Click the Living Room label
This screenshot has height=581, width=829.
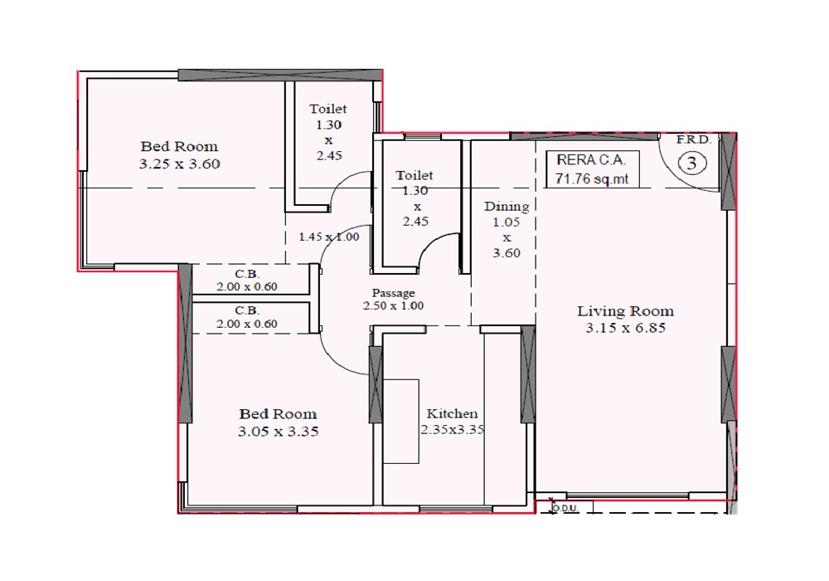pos(625,310)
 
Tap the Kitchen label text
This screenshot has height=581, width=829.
pos(452,413)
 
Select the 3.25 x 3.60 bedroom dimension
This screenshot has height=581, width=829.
pos(179,164)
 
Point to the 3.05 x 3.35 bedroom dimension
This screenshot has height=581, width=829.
pos(278,432)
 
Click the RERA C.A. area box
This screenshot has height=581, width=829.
pos(593,169)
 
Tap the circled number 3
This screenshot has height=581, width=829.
pos(692,163)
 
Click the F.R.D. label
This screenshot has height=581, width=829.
pos(694,140)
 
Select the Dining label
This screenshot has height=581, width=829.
pos(507,206)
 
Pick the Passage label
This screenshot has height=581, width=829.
pos(393,293)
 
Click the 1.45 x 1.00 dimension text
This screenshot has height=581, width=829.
pos(329,237)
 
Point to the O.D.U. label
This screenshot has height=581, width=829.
pos(565,509)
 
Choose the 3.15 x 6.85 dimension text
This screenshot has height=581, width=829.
pos(625,328)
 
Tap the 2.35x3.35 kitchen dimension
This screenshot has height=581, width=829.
pos(453,430)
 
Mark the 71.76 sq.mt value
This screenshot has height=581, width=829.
pos(592,178)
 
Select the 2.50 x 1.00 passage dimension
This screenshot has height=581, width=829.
pos(393,305)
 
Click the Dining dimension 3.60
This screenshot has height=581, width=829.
pos(507,253)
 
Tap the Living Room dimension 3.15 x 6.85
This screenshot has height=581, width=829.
pos(625,328)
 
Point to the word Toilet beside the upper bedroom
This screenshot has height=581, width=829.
pos(327,109)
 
